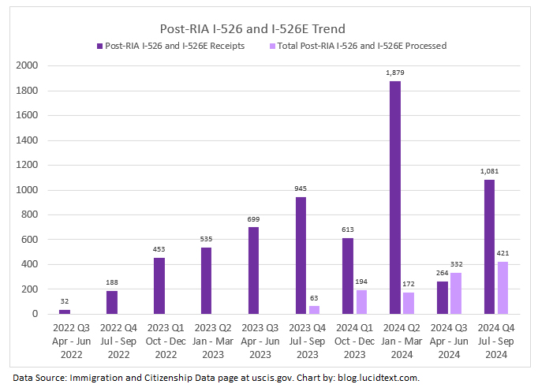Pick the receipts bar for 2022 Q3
coord(65,312)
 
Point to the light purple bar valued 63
coord(314,310)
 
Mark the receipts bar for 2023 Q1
coord(159,285)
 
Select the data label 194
coord(361,280)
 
